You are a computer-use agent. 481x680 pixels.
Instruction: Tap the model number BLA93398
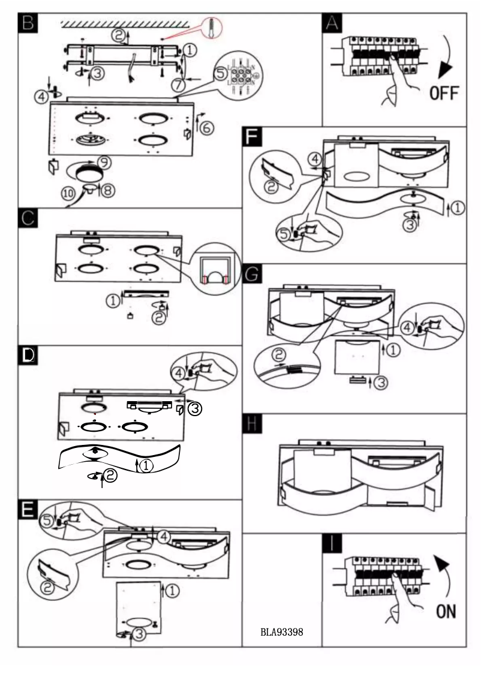tap(281, 632)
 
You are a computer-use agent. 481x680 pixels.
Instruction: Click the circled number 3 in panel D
tap(194, 409)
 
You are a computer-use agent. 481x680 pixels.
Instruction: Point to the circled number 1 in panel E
tap(171, 591)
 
